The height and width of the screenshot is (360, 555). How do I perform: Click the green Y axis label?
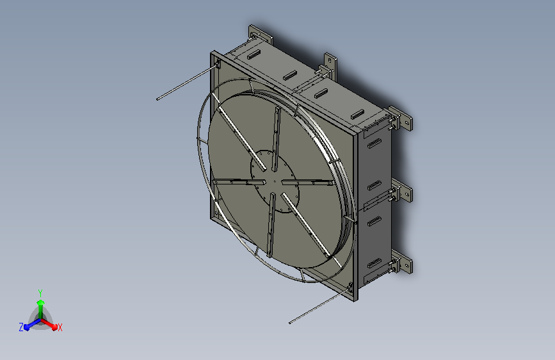40,291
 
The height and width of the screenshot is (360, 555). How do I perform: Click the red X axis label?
60,327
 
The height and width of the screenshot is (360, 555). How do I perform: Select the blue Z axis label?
21,327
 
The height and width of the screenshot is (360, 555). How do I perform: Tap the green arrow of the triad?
40,304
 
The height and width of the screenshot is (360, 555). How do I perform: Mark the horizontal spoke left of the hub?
233,183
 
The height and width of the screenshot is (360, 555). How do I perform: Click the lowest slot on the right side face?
374,263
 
